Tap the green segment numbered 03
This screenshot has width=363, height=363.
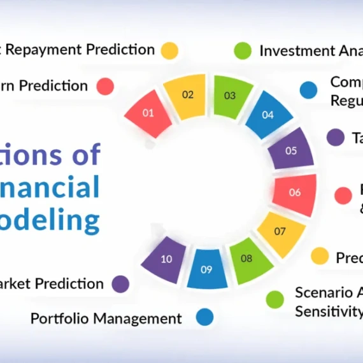(x=230, y=96)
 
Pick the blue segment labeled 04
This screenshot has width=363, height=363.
(x=267, y=115)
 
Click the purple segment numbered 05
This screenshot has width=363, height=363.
(x=290, y=151)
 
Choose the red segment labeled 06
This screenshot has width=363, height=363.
(x=294, y=192)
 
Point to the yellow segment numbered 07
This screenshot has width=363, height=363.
(x=280, y=231)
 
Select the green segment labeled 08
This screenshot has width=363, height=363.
(x=247, y=259)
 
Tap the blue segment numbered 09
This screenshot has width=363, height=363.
(x=206, y=268)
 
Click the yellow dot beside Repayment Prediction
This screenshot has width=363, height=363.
(x=169, y=51)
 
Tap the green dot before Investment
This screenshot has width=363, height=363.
(x=243, y=51)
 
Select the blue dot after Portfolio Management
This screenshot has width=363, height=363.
(x=204, y=317)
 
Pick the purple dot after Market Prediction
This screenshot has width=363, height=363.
(x=120, y=284)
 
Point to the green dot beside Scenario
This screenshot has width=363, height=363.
(x=275, y=299)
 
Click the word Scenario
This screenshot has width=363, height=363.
(x=323, y=292)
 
